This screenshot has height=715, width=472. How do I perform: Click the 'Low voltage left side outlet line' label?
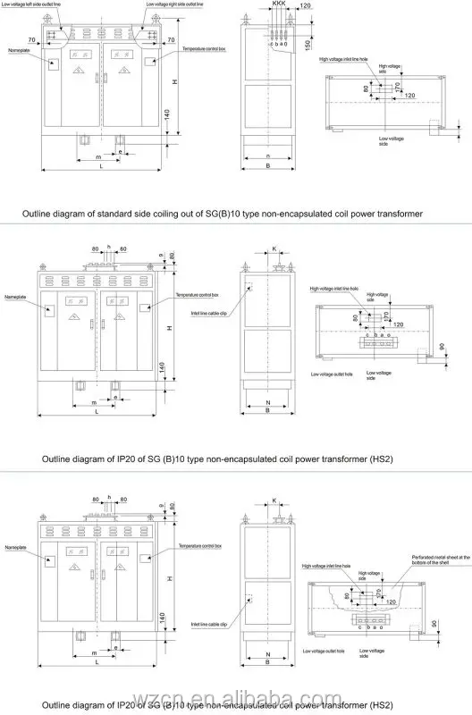[50, 5]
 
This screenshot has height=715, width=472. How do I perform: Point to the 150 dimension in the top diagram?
[307, 44]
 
